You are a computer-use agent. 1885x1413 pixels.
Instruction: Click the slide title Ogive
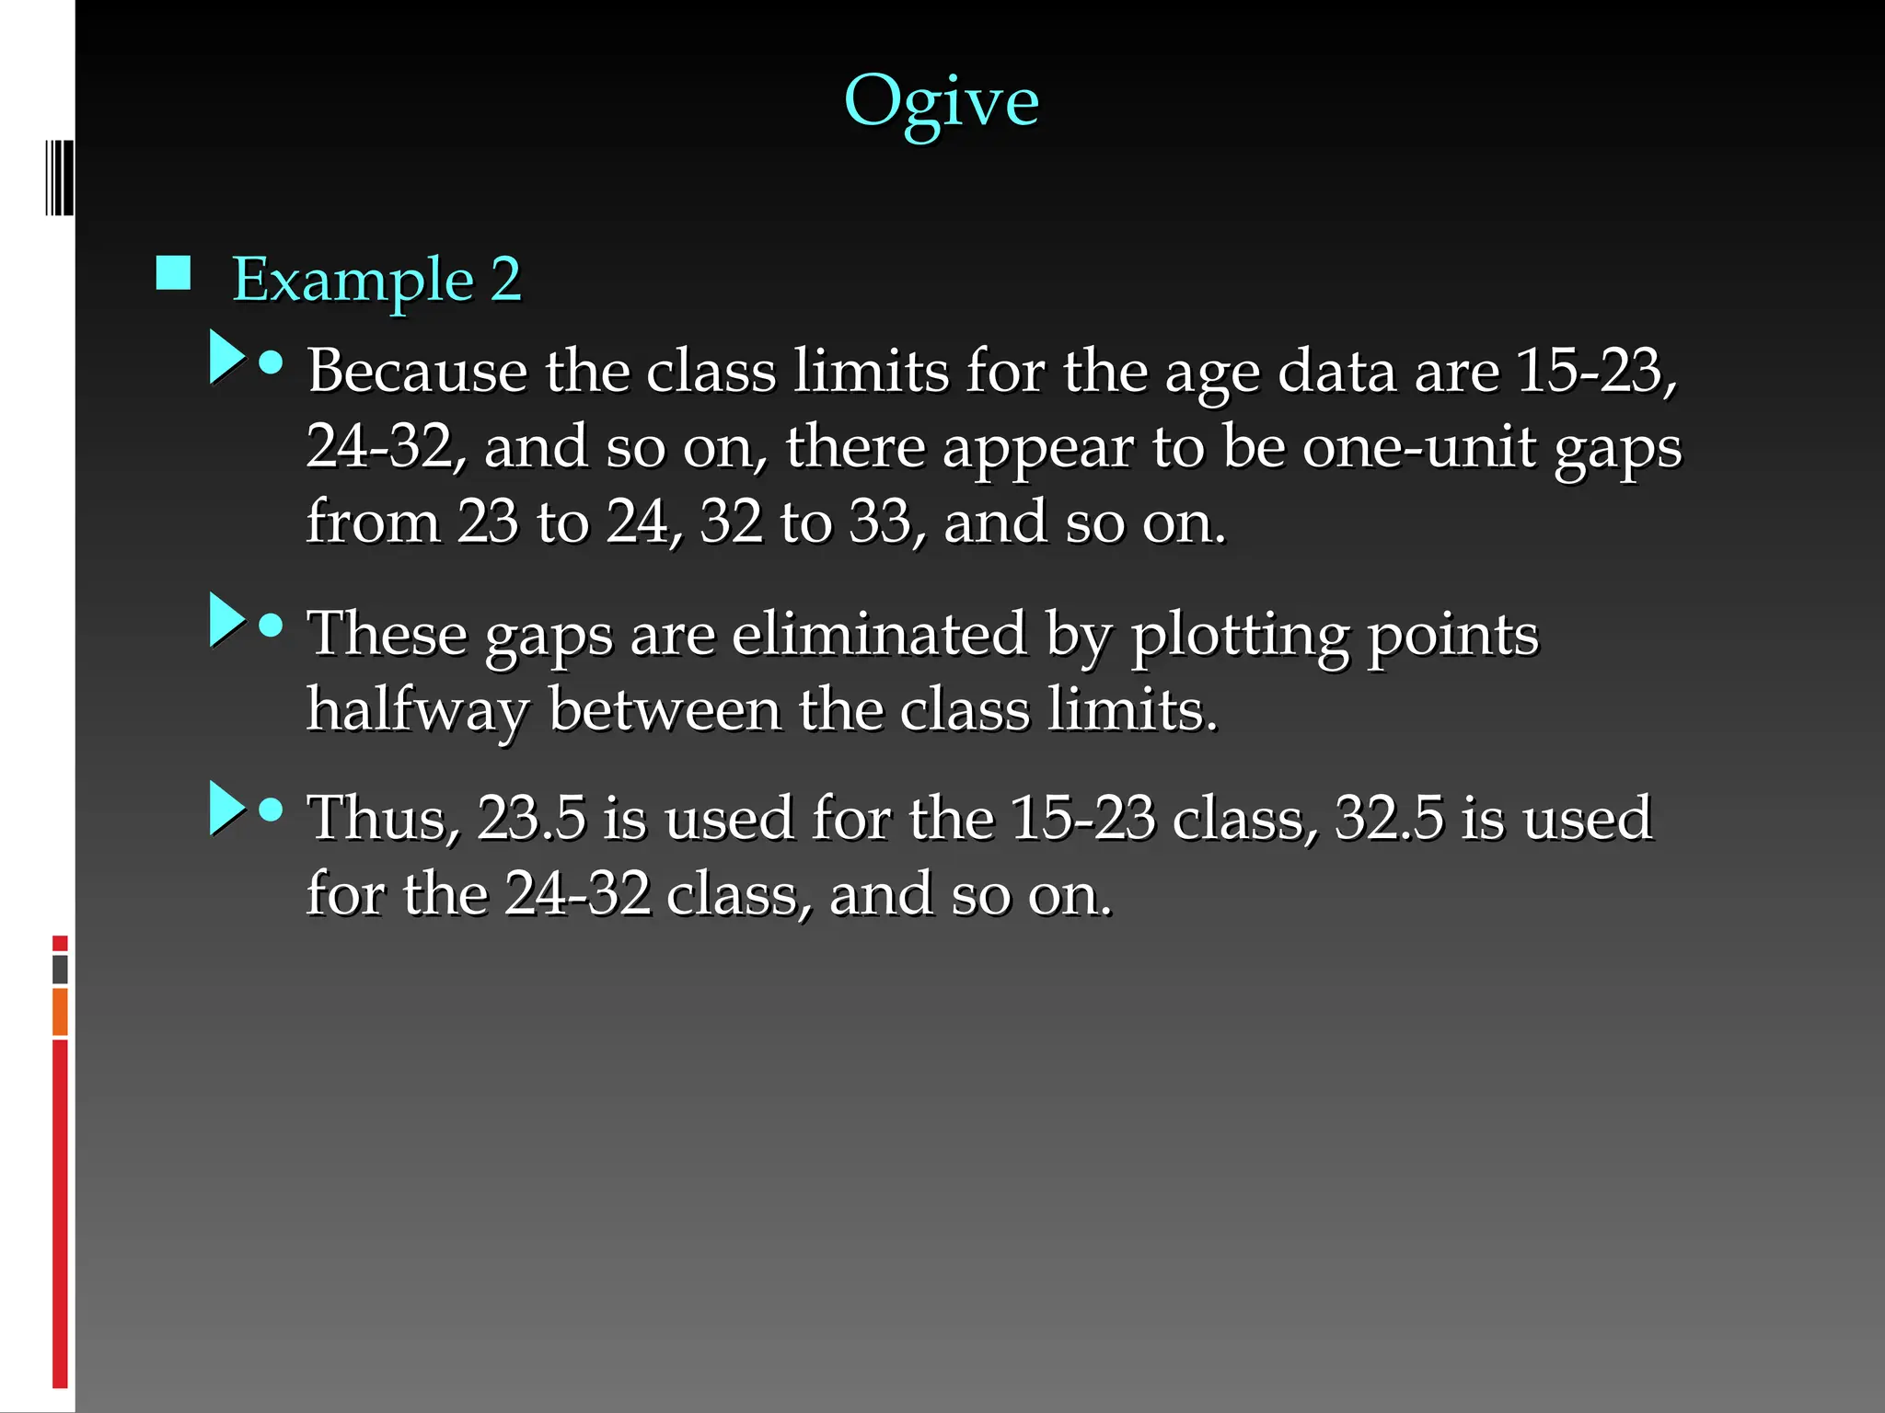[x=941, y=101]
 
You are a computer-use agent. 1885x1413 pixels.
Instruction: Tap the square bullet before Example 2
[x=173, y=273]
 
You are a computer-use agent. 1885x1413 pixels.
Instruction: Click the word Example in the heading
[x=353, y=279]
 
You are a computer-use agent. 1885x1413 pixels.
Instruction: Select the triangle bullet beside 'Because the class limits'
[x=226, y=357]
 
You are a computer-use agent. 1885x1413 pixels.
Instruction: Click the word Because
[x=417, y=371]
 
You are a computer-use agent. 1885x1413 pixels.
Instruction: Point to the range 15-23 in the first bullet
[x=1590, y=371]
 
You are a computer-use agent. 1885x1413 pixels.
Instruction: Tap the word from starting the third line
[x=373, y=523]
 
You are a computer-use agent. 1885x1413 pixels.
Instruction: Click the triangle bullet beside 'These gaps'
[x=226, y=620]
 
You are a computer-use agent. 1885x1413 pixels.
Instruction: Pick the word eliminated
[x=879, y=635]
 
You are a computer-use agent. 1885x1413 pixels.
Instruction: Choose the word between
[x=664, y=710]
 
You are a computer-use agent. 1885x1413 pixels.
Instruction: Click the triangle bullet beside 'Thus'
[x=226, y=809]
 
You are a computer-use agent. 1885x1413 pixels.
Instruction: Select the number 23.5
[x=531, y=819]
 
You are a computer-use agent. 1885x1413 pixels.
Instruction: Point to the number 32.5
[x=1389, y=819]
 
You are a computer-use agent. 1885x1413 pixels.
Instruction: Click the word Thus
[x=382, y=819]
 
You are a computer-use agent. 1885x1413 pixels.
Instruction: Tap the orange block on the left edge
[x=60, y=1011]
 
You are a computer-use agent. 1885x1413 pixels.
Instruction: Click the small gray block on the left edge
[x=60, y=969]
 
